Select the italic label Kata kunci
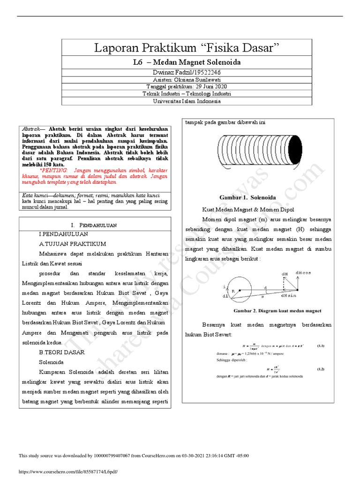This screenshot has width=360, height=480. point(34,195)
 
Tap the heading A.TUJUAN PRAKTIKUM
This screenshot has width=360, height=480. point(73,244)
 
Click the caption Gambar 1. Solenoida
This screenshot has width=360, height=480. point(247,197)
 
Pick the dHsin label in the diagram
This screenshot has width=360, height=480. point(289,296)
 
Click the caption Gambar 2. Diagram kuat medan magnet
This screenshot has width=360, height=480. point(277,310)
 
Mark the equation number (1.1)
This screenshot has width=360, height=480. point(321,346)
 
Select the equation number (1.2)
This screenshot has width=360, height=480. point(321,369)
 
